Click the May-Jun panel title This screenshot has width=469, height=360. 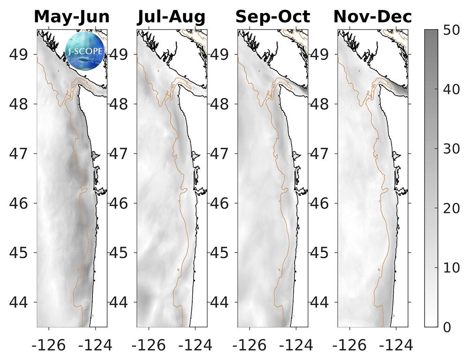point(72,17)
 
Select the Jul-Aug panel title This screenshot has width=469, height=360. point(171,17)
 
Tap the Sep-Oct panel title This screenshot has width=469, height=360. point(272,17)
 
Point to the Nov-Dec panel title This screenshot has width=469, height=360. point(372,17)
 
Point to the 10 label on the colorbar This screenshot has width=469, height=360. point(453,268)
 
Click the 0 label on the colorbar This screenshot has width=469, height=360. point(447,327)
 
